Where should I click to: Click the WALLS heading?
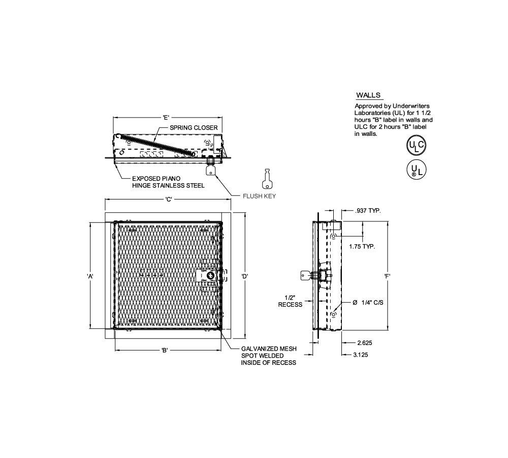tap(368, 95)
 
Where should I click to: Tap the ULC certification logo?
tap(417, 145)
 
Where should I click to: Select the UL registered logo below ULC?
tap(417, 169)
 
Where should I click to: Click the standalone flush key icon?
tap(267, 179)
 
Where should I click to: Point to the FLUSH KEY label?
tap(259, 196)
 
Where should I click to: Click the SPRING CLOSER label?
tap(194, 128)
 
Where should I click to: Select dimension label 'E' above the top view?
tap(166, 118)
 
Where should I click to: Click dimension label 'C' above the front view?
tap(169, 199)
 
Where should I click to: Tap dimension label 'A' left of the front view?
tap(90, 276)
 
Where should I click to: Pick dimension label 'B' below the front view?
tap(165, 350)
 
